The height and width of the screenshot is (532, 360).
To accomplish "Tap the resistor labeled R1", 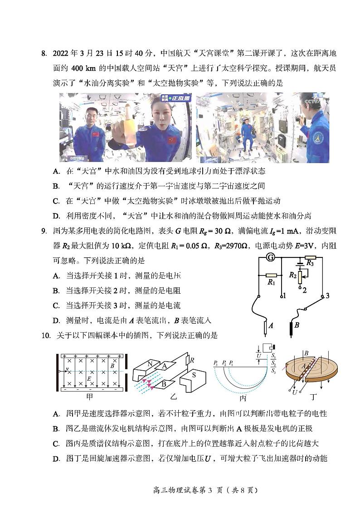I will coord(271,275).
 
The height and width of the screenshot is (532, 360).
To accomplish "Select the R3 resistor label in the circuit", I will coord(310,263).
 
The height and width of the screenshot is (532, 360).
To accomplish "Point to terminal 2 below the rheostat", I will coord(305,290).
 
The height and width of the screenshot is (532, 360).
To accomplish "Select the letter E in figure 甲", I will coord(89,377).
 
